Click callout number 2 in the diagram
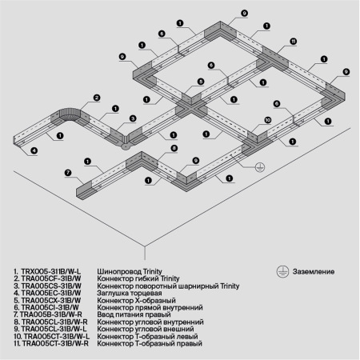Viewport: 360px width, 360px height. pos(95,98)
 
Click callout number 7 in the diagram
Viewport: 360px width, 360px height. pos(68,173)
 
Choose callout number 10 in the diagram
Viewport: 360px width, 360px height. pos(267,120)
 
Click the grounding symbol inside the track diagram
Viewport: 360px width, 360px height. pos(259,167)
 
